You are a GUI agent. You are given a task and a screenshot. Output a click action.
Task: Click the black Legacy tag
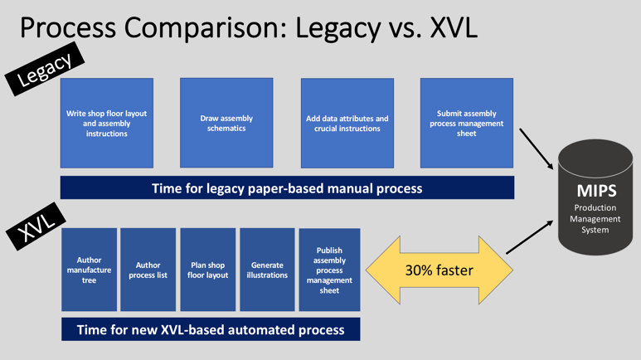pos(45,69)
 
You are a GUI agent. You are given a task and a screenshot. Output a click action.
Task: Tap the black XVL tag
pos(36,226)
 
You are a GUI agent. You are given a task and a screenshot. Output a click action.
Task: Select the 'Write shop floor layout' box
pos(107,123)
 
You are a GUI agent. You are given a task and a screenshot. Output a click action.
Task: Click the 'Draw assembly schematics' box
pos(226,123)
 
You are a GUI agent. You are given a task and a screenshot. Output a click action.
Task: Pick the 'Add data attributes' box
pos(347,123)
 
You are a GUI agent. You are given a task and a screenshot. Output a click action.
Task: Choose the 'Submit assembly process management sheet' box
pos(467,123)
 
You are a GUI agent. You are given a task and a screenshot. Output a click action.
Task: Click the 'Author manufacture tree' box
pos(89,270)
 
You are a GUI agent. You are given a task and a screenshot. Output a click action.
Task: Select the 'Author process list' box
pos(148,270)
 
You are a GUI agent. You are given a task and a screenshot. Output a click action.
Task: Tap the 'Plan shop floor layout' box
pos(207,270)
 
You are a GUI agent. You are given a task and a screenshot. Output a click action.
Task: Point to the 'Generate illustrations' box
pos(267,270)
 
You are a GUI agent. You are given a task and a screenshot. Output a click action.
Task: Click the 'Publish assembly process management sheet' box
pos(329,270)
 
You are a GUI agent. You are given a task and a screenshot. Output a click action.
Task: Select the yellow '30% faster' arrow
pos(439,270)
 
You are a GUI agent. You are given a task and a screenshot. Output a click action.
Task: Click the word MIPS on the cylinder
pos(596,191)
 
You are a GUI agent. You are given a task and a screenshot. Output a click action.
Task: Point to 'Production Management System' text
pos(595,219)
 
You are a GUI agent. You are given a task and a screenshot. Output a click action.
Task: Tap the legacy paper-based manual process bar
pos(288,187)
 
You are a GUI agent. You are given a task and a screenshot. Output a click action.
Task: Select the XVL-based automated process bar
pos(211,329)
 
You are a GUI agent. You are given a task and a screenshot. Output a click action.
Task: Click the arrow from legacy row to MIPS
pos(537,149)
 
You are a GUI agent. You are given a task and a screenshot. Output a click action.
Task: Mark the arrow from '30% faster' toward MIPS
pos(530,237)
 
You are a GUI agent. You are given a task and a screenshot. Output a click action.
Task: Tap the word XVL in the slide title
pos(454,27)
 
